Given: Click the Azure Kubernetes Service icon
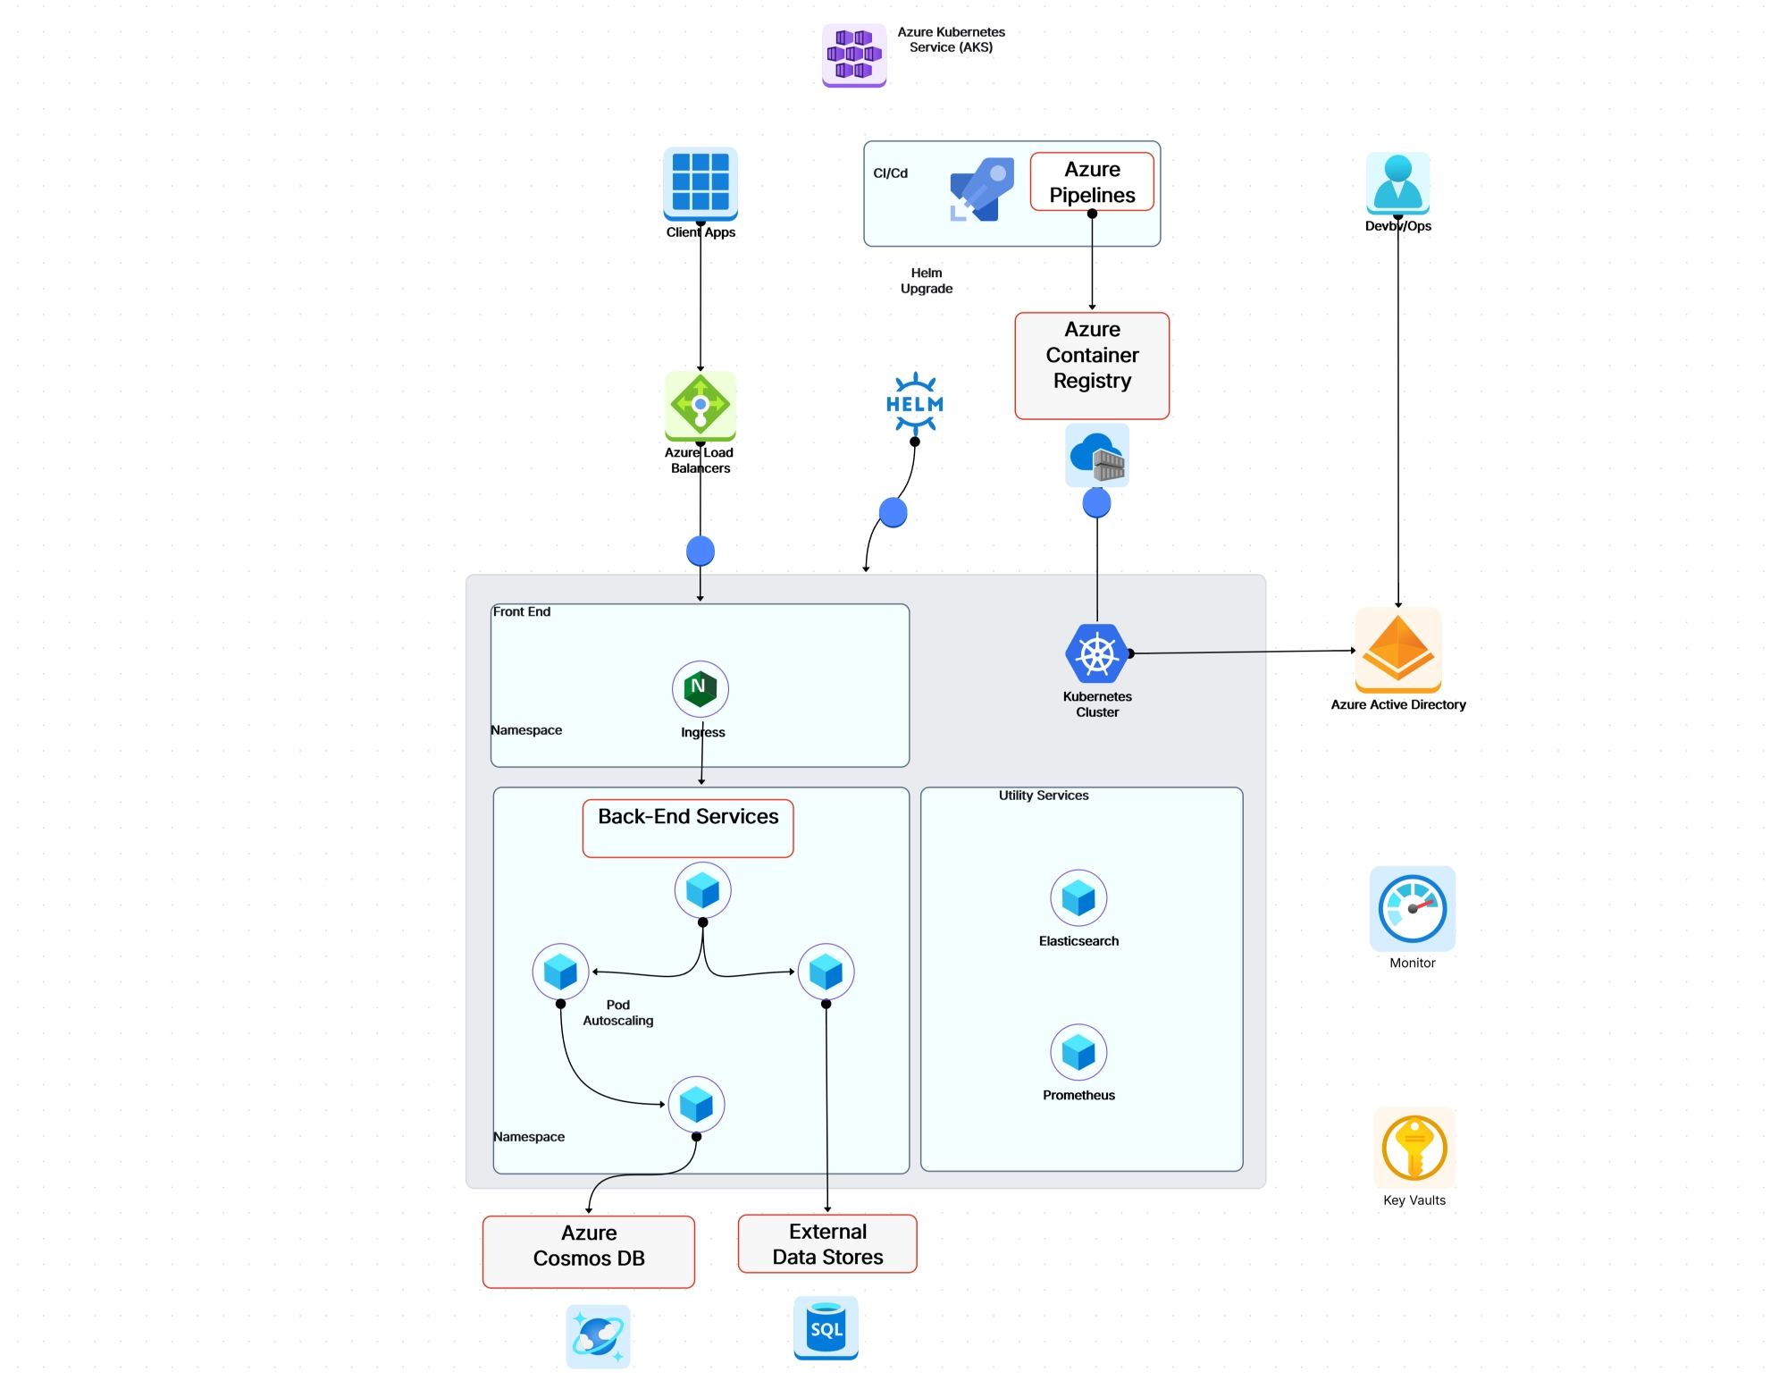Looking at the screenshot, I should pyautogui.click(x=853, y=55).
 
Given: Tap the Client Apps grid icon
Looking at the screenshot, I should pyautogui.click(x=700, y=182).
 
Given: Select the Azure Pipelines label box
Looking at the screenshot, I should pyautogui.click(x=1091, y=181).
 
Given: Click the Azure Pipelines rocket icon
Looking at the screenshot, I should pyautogui.click(x=981, y=189).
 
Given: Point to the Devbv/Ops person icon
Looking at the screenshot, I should pyautogui.click(x=1397, y=182).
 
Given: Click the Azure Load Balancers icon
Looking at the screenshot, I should pyautogui.click(x=700, y=405).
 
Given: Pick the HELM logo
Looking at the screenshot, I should pyautogui.click(x=914, y=404).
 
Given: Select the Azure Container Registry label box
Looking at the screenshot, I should pyautogui.click(x=1091, y=365).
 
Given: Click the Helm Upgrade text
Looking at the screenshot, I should pyautogui.click(x=926, y=281).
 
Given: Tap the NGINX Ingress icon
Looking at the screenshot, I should pyautogui.click(x=700, y=688).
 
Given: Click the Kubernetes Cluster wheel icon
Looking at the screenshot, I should pyautogui.click(x=1096, y=653).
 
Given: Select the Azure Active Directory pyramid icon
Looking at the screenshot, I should pyautogui.click(x=1397, y=650).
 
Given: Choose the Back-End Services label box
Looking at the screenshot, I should pyautogui.click(x=687, y=828).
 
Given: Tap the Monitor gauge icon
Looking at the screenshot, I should pyautogui.click(x=1412, y=908).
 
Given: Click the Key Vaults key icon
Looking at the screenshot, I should pyautogui.click(x=1414, y=1148).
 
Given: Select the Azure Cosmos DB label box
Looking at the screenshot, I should pyautogui.click(x=588, y=1250).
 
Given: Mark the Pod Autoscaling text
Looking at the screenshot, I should pyautogui.click(x=617, y=1013).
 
